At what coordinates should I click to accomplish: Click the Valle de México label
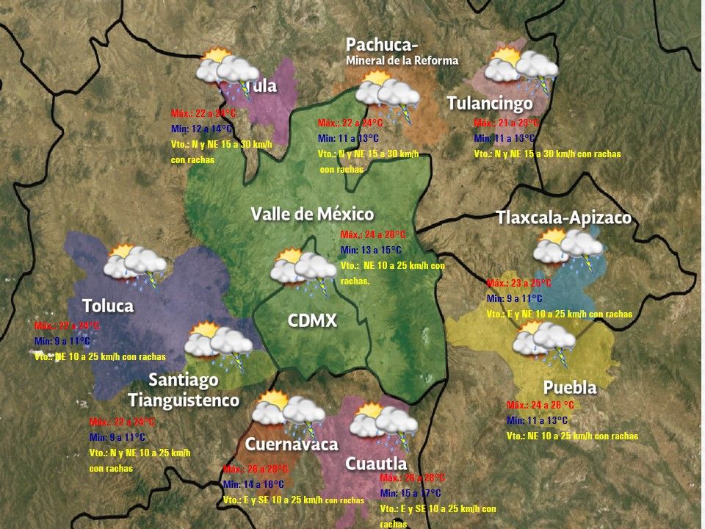tap(312, 214)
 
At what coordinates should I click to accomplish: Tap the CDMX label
tap(312, 320)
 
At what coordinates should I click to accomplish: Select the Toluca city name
tap(108, 305)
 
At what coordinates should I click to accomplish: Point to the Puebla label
tap(569, 387)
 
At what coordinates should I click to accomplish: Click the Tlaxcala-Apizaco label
tap(563, 217)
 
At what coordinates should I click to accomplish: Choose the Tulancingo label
tap(490, 104)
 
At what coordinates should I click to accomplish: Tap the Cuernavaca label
tap(292, 444)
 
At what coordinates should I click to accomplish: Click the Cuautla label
tap(376, 464)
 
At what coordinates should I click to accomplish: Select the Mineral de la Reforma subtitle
tap(402, 60)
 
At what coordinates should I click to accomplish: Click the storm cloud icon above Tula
tap(225, 71)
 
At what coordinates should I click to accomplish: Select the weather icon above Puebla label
tap(544, 340)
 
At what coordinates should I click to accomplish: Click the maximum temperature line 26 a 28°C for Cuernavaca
tap(256, 469)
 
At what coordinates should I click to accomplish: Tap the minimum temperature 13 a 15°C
tap(369, 250)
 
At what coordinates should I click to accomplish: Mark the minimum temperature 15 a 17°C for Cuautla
tap(411, 492)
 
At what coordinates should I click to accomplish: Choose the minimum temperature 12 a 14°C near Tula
tap(199, 129)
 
